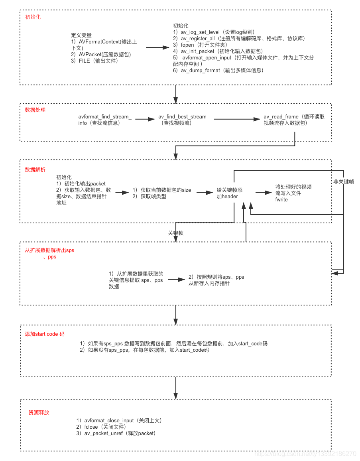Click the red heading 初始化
(33, 17)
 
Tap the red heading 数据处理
(35, 110)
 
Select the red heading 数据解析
(35, 169)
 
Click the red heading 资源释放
(39, 412)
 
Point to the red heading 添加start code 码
(45, 334)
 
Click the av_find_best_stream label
(183, 116)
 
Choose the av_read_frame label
(281, 116)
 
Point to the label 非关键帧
(343, 182)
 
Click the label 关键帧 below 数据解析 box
(176, 233)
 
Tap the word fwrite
(281, 199)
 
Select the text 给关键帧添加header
(229, 193)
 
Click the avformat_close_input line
(109, 420)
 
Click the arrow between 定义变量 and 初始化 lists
(157, 47)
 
